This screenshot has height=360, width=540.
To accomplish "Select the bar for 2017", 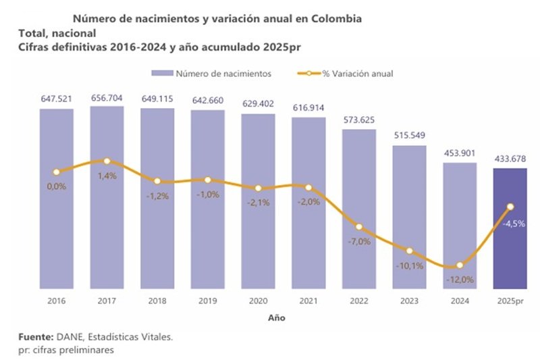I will (107, 223).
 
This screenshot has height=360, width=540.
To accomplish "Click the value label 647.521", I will (57, 99).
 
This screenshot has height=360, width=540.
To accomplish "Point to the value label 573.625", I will (358, 120).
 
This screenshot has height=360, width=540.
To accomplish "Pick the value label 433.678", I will (510, 159).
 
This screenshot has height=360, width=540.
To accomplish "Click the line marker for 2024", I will (460, 265).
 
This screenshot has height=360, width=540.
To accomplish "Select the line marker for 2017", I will (107, 161).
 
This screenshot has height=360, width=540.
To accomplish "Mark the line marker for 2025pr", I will (510, 206).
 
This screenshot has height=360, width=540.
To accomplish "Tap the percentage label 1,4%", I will (107, 176).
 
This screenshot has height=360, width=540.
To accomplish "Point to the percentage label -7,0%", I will (358, 241).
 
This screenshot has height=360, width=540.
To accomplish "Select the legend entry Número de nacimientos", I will (215, 72).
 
